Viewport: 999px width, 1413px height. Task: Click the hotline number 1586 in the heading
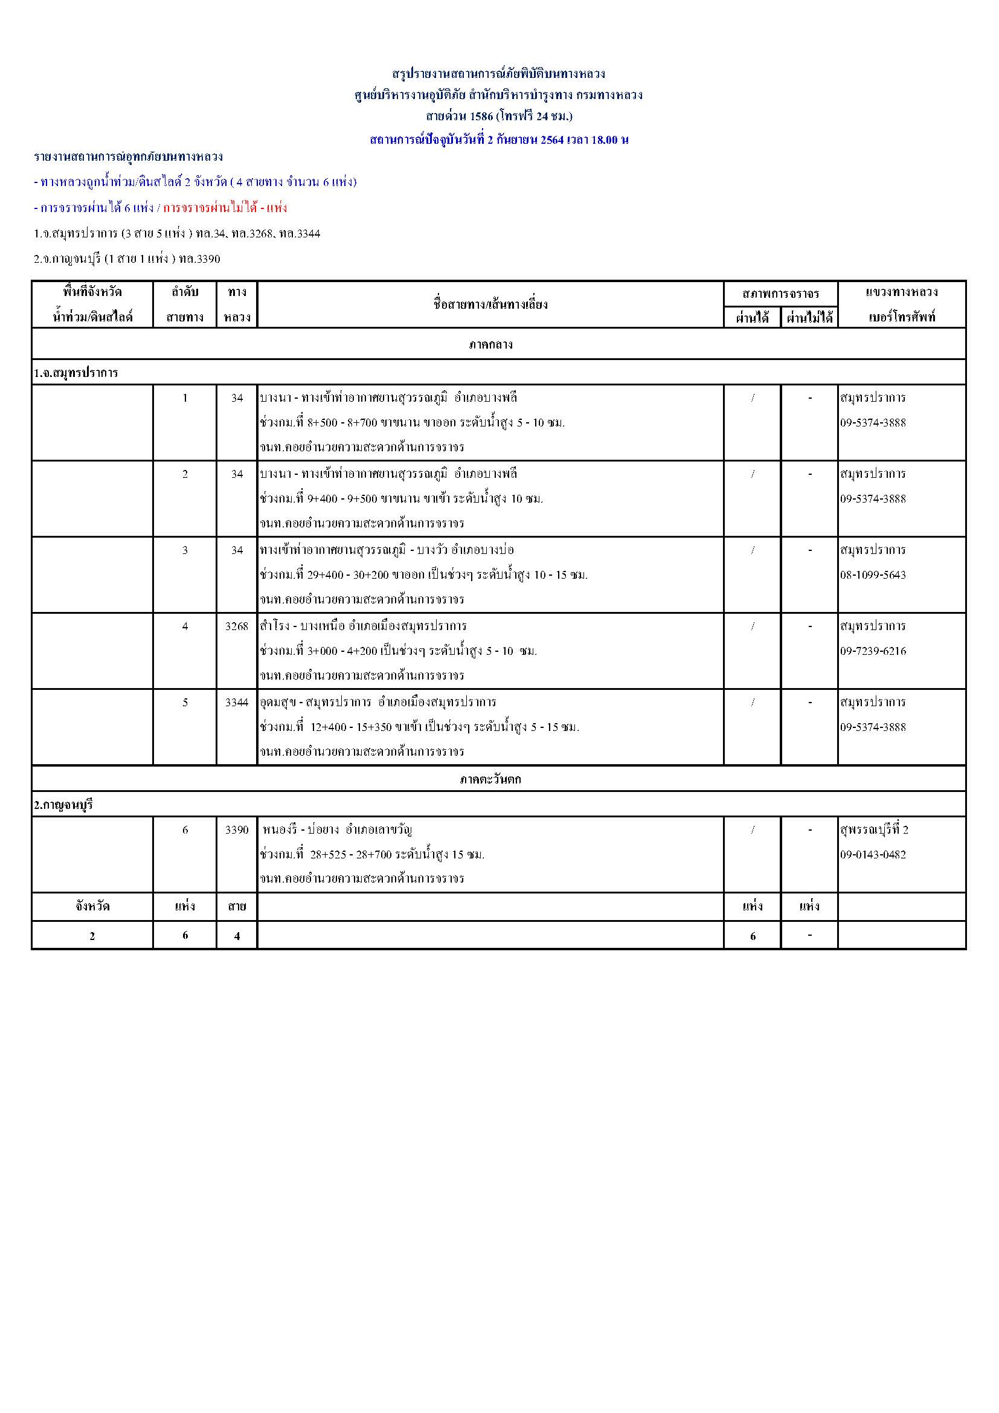[481, 116]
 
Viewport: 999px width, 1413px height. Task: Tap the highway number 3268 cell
[237, 626]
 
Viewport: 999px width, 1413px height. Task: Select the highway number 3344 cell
[237, 702]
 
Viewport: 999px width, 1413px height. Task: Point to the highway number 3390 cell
[237, 829]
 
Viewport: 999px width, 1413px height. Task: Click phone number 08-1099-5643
[873, 575]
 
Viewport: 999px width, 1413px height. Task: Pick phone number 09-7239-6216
[873, 651]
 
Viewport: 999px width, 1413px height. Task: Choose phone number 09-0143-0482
[873, 854]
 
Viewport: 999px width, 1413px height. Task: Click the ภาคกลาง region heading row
[490, 344]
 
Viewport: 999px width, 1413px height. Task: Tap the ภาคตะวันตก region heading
[490, 779]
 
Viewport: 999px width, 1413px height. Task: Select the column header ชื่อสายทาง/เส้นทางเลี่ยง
[490, 304]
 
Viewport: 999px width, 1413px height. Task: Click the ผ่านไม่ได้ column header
[809, 318]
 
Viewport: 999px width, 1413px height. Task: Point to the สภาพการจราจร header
[780, 293]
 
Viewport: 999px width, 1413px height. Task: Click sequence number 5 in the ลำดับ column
[185, 702]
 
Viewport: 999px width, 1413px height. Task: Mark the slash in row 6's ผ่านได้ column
[753, 829]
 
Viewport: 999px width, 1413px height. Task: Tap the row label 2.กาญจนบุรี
[63, 804]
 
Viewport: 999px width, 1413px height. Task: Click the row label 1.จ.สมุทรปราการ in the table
[75, 373]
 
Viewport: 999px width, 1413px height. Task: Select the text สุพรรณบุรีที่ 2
[874, 829]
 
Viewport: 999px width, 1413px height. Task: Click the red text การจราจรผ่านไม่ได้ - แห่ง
[225, 207]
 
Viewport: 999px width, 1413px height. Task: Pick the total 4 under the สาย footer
[237, 936]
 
